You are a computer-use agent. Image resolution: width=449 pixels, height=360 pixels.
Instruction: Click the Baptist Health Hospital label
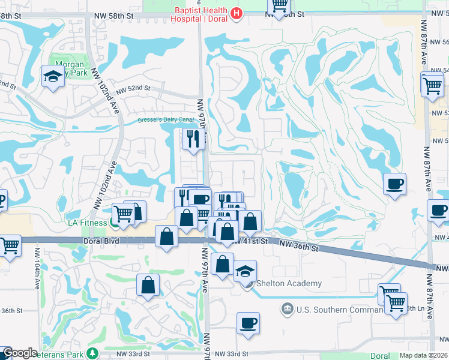199,14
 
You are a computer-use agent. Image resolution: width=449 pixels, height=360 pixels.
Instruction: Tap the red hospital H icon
237,13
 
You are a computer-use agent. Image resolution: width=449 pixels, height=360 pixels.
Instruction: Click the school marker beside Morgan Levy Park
53,77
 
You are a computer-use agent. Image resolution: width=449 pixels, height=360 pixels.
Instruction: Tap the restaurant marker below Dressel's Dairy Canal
193,139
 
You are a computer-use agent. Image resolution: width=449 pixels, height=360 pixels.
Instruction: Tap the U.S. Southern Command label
339,310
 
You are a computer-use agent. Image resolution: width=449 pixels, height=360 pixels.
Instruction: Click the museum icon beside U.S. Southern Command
288,310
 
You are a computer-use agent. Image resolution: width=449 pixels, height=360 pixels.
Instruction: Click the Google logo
19,353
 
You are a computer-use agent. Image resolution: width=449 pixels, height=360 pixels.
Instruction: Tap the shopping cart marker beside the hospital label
279,7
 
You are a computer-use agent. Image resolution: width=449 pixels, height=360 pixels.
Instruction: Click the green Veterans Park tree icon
91,353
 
